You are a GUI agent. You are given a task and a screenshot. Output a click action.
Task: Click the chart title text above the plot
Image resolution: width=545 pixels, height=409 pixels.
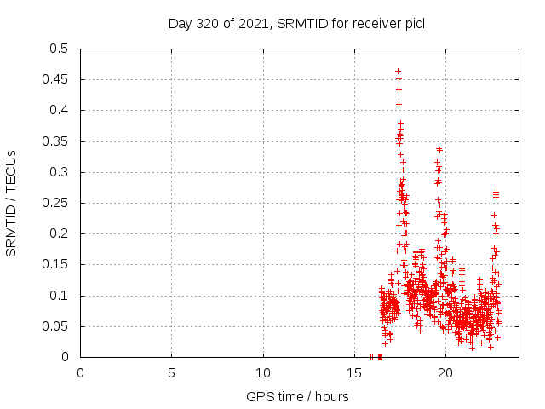296,23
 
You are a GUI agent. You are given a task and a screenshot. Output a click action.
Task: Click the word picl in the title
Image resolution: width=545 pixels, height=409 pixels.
415,23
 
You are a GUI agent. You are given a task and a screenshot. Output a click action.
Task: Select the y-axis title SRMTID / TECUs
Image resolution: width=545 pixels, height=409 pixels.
11,203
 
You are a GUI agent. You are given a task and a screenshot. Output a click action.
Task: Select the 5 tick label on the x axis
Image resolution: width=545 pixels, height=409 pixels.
171,372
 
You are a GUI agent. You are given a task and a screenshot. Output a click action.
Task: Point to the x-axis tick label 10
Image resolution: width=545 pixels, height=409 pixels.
263,372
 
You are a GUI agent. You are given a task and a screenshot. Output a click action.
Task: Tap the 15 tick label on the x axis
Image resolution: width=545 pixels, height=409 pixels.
354,372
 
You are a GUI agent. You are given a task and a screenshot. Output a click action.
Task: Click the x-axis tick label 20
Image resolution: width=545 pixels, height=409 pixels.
445,372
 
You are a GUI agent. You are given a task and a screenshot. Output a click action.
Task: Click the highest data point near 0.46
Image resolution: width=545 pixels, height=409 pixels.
398,72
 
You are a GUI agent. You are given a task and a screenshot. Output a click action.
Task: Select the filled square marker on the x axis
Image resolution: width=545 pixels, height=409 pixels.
380,357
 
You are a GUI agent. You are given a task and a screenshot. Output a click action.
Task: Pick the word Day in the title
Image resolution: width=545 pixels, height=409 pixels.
181,23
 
